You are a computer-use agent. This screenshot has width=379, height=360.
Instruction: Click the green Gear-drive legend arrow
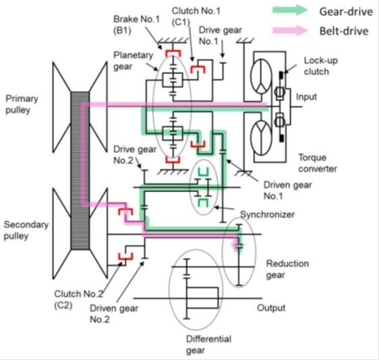[x=290, y=10]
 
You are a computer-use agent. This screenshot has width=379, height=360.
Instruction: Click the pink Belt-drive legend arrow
[x=290, y=30]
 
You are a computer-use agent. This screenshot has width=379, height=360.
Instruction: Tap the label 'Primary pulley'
[x=22, y=104]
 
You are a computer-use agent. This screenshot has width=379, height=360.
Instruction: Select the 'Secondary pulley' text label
[x=26, y=230]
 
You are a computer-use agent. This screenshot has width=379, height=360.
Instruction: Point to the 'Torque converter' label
[x=318, y=163]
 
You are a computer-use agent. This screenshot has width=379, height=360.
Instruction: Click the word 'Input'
[x=306, y=97]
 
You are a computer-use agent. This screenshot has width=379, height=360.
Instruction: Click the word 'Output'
[x=271, y=308]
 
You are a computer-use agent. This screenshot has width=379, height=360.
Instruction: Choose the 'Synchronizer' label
[x=267, y=214]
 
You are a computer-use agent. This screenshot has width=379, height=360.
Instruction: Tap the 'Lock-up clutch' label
[x=321, y=66]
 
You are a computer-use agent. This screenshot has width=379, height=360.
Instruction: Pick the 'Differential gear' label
[x=208, y=344]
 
